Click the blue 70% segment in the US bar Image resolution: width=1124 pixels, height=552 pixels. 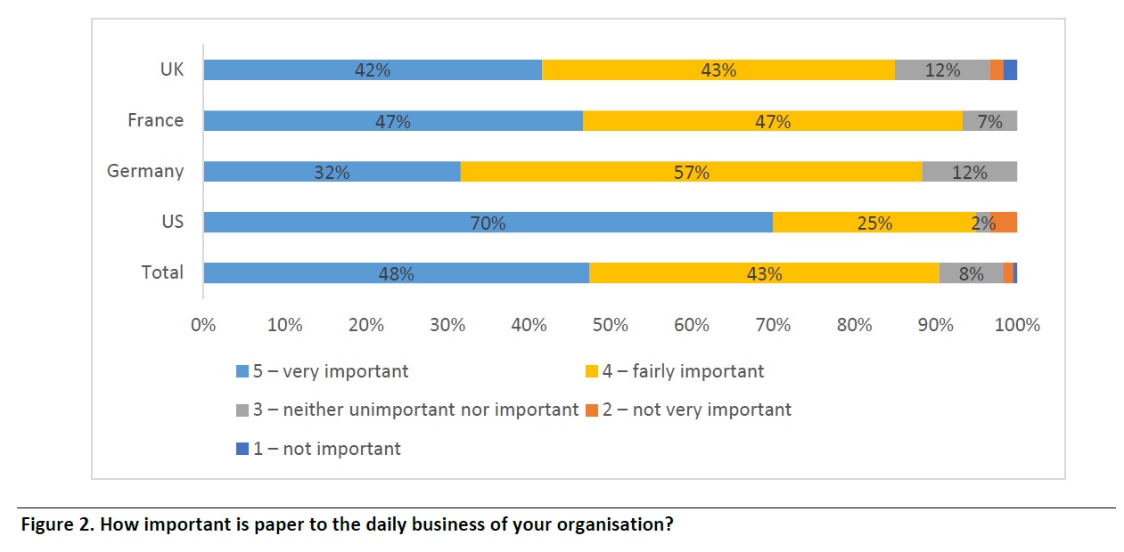click(488, 223)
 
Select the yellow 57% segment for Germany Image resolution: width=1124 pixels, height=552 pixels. click(691, 172)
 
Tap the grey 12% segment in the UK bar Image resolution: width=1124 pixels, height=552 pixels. click(941, 70)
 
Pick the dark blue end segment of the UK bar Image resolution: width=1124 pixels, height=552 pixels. click(1010, 70)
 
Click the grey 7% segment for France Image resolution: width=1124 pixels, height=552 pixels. click(989, 121)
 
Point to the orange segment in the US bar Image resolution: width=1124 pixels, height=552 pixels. click(1005, 223)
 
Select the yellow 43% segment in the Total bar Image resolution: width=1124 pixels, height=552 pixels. click(764, 273)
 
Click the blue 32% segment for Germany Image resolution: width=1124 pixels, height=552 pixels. click(332, 172)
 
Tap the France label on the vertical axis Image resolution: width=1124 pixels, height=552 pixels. click(155, 120)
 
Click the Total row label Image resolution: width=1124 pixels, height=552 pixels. click(162, 272)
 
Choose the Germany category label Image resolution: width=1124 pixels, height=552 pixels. click(145, 171)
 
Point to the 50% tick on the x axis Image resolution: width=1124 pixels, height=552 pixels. click(611, 325)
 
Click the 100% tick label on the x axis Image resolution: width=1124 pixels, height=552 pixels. click(1017, 325)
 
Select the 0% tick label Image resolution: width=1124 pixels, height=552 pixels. click(203, 325)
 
